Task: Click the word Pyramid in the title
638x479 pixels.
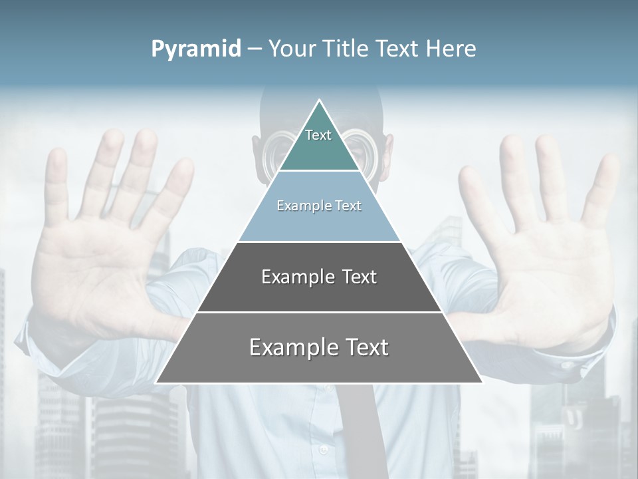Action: tap(195, 49)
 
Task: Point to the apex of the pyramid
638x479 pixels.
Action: tap(319, 100)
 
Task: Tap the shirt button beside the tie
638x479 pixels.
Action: tap(324, 450)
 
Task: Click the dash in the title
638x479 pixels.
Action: tap(254, 49)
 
